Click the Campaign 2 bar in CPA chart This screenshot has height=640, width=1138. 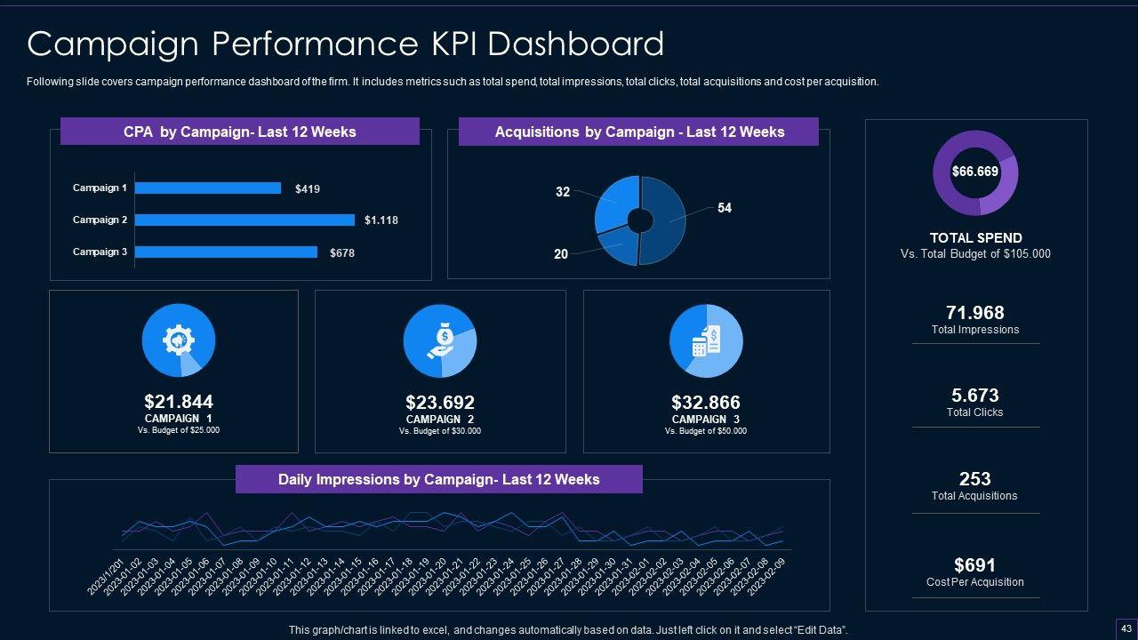[x=244, y=220]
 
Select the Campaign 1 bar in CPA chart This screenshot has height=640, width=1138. [x=207, y=188]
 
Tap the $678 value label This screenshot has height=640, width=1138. [x=342, y=253]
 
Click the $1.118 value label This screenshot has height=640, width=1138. [x=381, y=220]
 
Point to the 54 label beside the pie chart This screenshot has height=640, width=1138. [x=725, y=208]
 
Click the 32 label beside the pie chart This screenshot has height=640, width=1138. [x=563, y=191]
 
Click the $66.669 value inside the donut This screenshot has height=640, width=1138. [x=975, y=172]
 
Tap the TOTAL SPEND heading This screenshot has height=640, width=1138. [x=975, y=238]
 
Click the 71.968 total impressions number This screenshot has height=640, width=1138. [x=975, y=313]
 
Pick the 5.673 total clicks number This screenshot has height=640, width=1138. [x=975, y=396]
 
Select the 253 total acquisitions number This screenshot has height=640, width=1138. [x=975, y=479]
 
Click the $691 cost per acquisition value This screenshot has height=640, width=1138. [x=975, y=565]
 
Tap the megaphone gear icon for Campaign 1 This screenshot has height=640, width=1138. [x=178, y=340]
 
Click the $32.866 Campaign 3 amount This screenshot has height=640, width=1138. [x=706, y=403]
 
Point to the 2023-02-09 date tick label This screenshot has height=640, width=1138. [x=766, y=578]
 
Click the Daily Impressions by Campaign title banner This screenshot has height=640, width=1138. [x=438, y=479]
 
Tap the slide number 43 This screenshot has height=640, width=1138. [x=1125, y=628]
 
